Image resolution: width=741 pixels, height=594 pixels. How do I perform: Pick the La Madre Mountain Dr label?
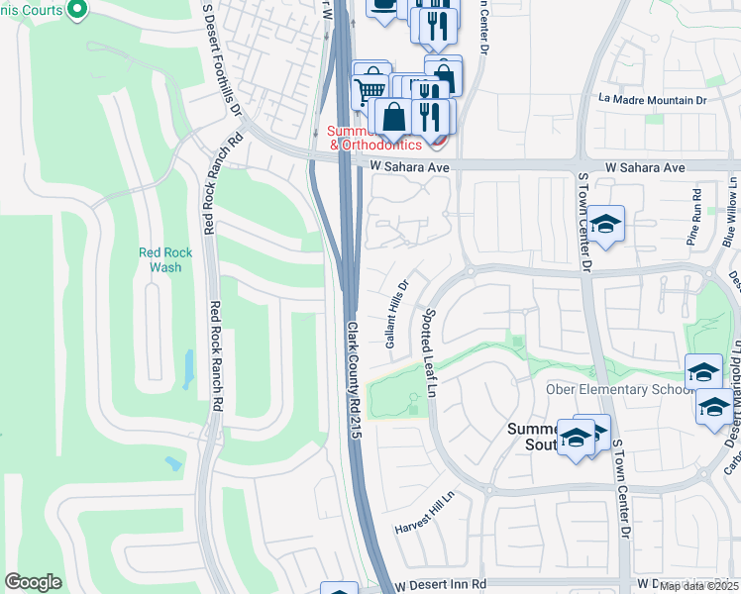[x=653, y=100]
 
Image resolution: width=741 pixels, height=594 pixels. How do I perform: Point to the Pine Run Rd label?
[x=695, y=217]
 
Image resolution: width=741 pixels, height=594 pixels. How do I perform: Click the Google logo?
[x=33, y=582]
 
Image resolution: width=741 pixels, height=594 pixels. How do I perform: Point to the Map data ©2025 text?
[x=698, y=585]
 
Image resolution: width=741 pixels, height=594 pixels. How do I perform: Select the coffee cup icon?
[x=382, y=6]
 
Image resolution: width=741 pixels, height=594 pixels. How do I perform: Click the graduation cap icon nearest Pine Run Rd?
[x=605, y=225]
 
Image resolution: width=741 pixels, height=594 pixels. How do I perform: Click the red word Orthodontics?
[x=381, y=145]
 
